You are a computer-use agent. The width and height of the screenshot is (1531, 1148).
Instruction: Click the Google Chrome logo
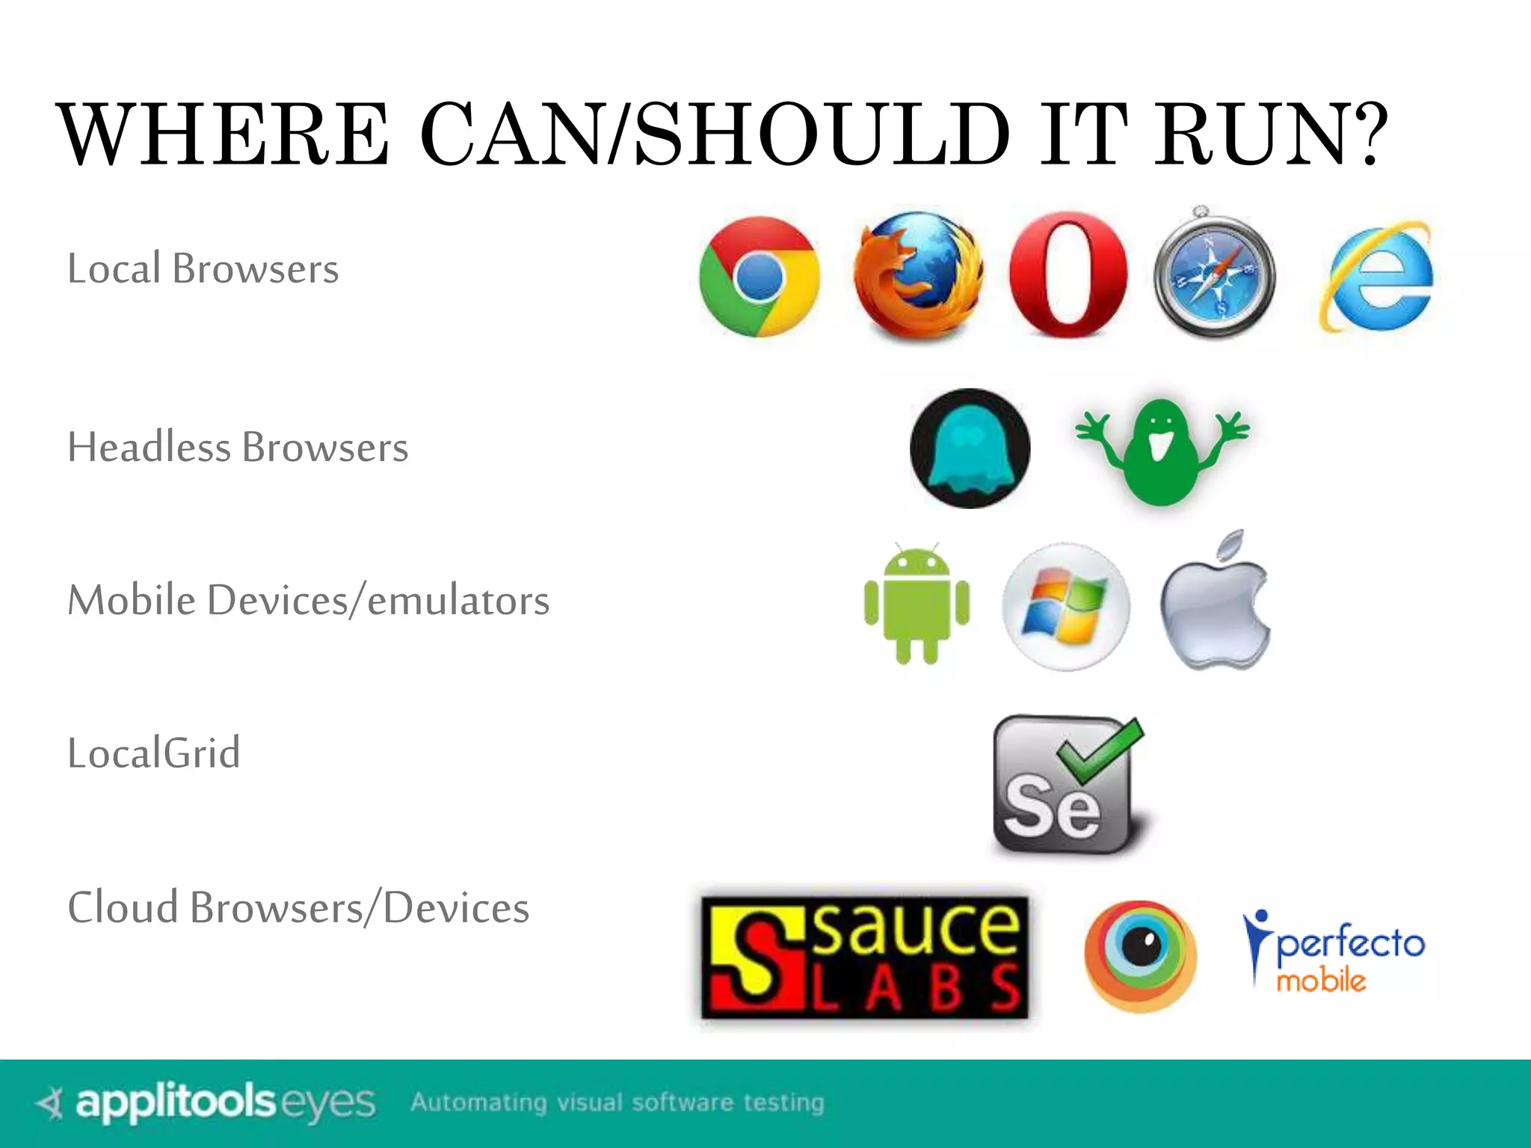coord(760,277)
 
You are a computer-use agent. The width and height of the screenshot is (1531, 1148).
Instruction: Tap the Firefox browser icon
coord(919,277)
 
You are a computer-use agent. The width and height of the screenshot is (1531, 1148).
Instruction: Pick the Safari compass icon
coord(1215,275)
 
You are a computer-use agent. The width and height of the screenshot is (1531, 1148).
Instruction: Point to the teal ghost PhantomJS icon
coord(970,448)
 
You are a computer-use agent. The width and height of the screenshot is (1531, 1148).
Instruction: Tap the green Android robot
coord(917,604)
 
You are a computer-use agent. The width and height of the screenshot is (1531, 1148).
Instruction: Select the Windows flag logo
coord(1066,607)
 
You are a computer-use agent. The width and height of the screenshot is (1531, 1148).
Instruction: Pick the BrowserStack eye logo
coord(1140,957)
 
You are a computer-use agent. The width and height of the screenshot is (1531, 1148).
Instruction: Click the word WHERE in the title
coord(224,135)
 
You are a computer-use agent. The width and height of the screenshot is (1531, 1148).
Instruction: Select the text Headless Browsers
coord(238,448)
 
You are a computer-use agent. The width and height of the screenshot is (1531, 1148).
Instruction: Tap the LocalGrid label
coord(154,753)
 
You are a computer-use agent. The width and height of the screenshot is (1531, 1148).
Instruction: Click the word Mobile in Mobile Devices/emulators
coord(132,600)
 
